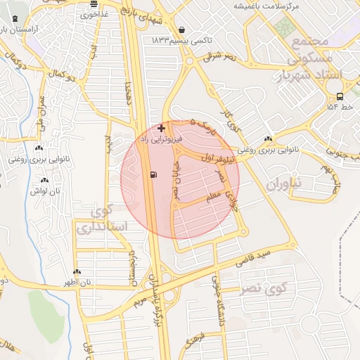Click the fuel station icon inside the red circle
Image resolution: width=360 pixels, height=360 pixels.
153,174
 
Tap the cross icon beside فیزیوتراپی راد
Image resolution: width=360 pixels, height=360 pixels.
162,128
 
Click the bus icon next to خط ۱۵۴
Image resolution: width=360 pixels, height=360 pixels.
340,96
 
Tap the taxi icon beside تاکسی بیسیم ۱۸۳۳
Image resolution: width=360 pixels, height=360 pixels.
183,30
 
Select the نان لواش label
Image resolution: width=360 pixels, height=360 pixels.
44,191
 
